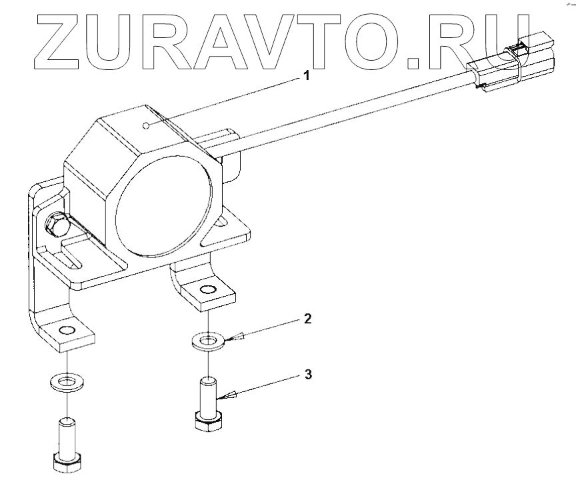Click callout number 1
[x=307, y=76]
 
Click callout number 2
[x=307, y=318]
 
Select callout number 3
[x=307, y=374]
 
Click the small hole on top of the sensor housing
[x=148, y=124]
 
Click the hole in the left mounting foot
[x=67, y=330]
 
